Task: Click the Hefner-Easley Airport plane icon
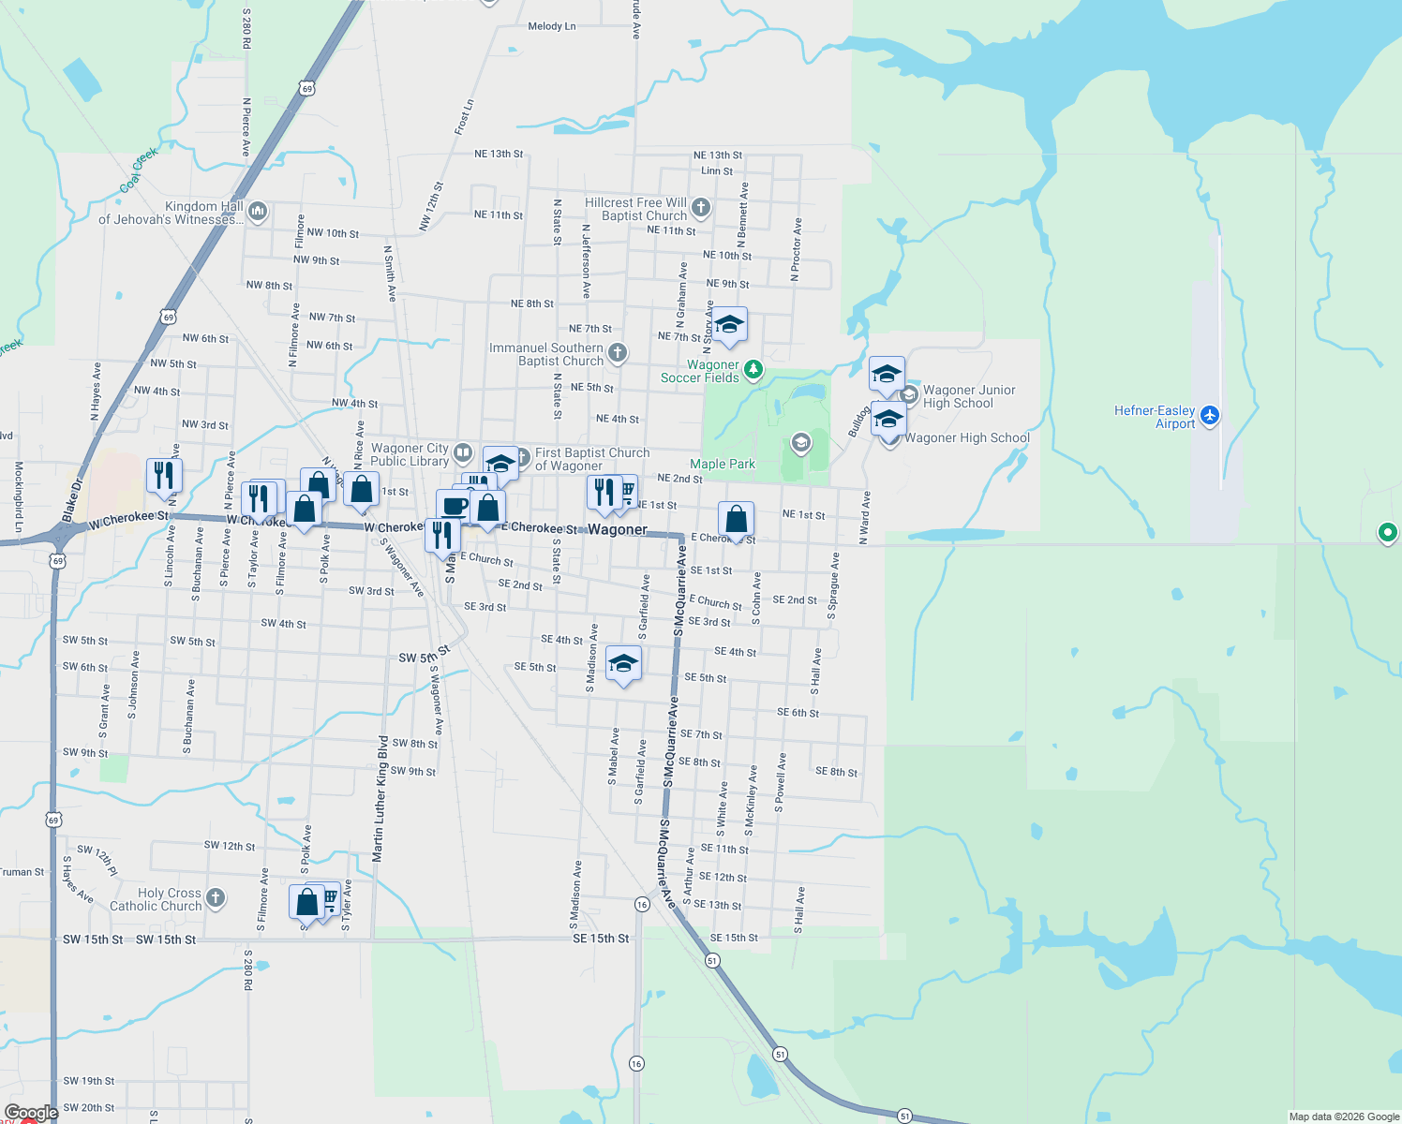point(1210,415)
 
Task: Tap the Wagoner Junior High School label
point(969,397)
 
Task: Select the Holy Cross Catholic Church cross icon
point(216,898)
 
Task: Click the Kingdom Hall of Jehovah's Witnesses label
point(171,214)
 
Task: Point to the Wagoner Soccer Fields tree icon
point(753,372)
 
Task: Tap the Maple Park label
point(723,465)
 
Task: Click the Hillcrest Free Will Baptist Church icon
point(701,208)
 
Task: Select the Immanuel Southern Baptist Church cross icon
point(617,353)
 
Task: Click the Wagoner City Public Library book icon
point(463,454)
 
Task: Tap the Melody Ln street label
point(552,26)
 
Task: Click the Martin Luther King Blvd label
point(380,799)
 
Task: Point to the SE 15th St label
point(601,939)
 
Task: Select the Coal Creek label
point(139,170)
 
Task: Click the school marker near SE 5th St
point(623,665)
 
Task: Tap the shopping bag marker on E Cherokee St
point(737,519)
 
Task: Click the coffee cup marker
point(455,507)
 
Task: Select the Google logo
point(31,1113)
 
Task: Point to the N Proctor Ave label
point(797,250)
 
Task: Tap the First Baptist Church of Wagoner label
point(592,459)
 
